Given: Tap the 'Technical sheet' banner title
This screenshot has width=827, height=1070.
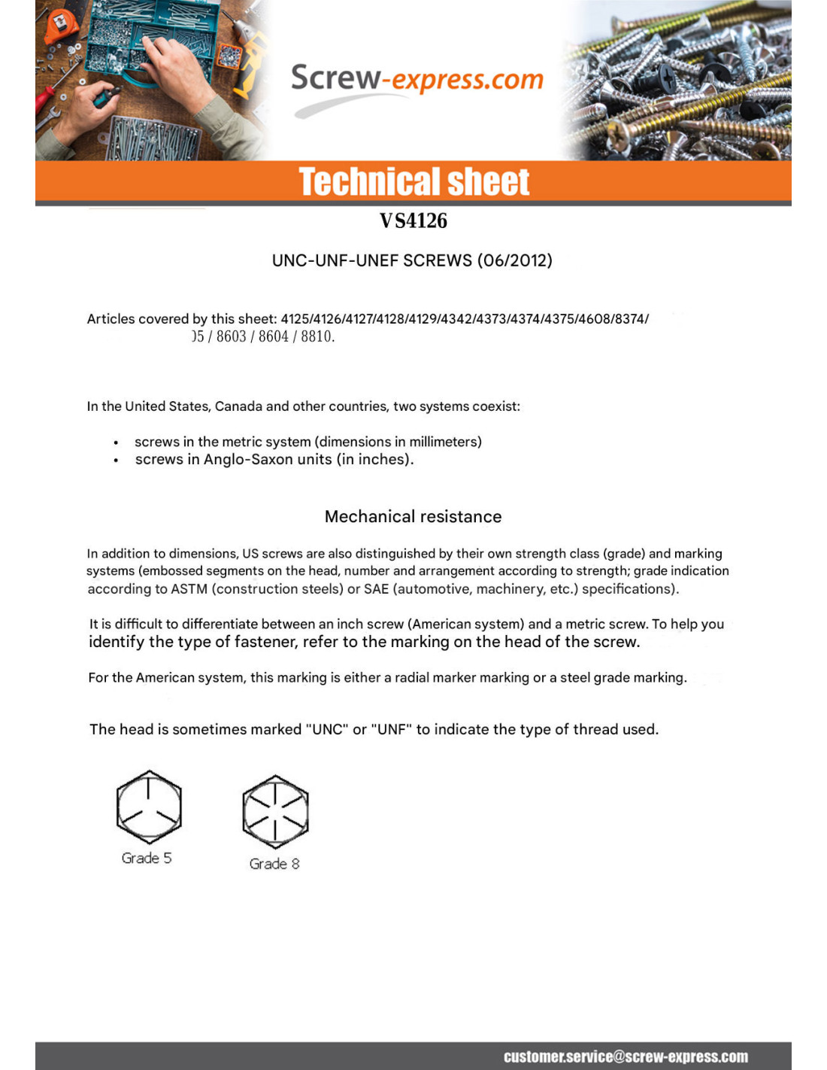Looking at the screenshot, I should coord(413,182).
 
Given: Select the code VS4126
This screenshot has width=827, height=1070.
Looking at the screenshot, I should coord(413,220).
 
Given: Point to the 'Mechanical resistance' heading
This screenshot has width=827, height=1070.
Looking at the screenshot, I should coord(413,516).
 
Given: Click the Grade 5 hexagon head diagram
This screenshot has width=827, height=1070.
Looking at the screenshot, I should coord(149,807).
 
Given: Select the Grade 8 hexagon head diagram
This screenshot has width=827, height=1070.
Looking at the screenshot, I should coord(275,811).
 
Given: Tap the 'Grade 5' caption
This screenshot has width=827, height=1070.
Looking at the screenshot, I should coord(147,858).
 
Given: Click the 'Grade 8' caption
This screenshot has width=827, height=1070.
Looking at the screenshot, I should coord(274,864).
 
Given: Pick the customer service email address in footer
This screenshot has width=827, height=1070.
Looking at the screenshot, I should coord(626,1056).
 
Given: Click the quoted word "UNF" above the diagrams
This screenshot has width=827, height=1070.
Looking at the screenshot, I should coord(392,729).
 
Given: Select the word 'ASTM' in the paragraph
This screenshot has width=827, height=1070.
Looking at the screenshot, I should coord(189,588).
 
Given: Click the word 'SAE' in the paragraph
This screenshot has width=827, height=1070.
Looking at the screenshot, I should coord(376,588).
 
